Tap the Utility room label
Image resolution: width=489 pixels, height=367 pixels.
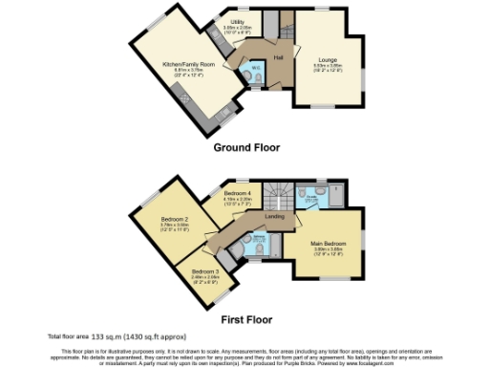pos(236,23)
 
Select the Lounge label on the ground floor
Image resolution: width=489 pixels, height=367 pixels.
pos(328,58)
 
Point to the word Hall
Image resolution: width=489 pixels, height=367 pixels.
pos(279,58)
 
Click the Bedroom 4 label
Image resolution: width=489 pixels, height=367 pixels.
pos(236,193)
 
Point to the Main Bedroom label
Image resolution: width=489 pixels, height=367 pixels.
pos(328,244)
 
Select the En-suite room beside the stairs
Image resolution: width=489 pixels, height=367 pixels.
pos(311,196)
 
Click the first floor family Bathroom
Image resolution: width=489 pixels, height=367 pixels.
pos(247,245)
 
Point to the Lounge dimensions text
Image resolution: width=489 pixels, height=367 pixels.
pos(328,66)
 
